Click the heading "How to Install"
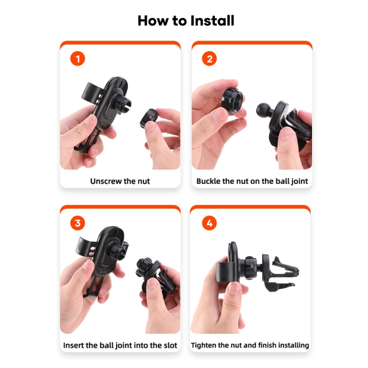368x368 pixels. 185,21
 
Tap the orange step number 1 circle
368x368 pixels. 78,59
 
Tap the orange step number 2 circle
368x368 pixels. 210,59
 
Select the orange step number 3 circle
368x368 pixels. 78,223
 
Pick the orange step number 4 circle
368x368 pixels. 210,223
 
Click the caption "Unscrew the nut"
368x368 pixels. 120,181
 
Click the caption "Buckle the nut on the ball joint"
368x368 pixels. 252,181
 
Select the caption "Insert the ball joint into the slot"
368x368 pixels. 120,345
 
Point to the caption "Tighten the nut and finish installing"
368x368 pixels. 250,345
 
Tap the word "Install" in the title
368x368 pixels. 210,21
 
